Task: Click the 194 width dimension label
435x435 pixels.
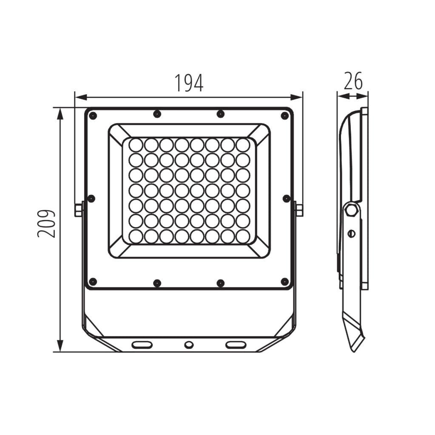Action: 189,83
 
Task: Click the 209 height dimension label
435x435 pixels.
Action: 46,223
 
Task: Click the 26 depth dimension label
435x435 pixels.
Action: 353,81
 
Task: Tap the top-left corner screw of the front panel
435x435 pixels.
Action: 93,116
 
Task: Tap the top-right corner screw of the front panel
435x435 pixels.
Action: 284,116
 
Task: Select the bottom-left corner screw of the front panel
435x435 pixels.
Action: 93,282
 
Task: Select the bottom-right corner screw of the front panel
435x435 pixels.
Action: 284,282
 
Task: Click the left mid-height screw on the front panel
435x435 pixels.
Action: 91,198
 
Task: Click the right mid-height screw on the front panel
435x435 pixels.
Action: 287,198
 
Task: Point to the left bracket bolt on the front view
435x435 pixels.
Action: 78,210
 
